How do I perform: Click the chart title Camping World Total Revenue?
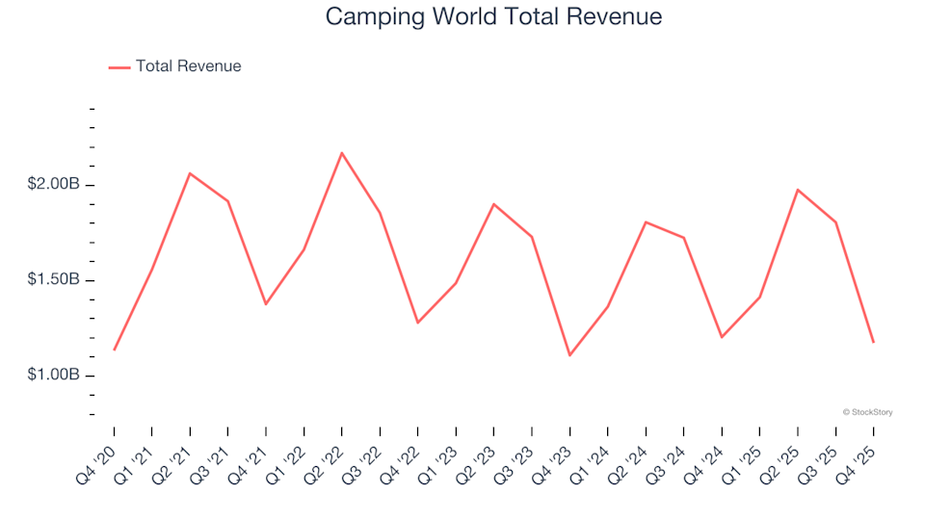(493, 16)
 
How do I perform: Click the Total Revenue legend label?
(188, 66)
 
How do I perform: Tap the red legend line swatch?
(119, 67)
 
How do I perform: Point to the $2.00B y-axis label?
(53, 185)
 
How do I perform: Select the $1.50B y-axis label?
(53, 280)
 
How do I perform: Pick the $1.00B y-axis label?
(53, 375)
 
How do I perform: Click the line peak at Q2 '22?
(342, 152)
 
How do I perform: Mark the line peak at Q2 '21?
(190, 173)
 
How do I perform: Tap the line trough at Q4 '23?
(569, 355)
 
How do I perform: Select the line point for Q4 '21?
(266, 304)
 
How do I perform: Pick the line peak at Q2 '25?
(798, 190)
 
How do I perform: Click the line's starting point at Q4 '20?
(114, 350)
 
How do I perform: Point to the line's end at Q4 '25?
(873, 343)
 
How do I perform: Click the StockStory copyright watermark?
(867, 412)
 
